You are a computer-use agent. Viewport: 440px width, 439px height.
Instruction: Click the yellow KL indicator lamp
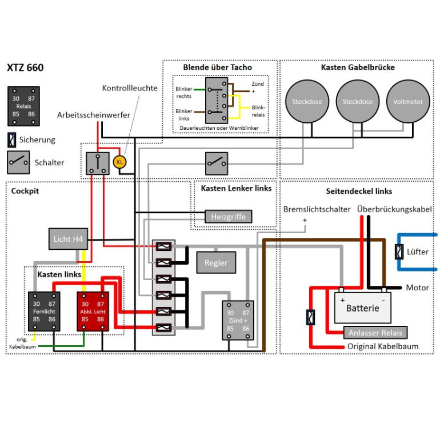119,162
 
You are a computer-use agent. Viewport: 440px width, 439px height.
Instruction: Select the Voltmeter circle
408,101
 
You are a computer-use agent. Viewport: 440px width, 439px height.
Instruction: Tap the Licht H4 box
68,239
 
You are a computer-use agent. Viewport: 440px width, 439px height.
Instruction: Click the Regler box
216,262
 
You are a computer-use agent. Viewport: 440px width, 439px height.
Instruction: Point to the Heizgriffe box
229,217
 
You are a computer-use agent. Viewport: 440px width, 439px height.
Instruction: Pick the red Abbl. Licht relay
93,312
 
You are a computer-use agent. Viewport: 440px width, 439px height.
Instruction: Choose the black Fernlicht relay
44,312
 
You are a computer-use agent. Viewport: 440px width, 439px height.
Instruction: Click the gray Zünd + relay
238,320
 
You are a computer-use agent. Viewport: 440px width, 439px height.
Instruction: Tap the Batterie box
362,308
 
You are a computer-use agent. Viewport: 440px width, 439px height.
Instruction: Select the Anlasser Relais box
375,333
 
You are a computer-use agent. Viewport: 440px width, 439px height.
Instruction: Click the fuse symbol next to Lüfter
399,252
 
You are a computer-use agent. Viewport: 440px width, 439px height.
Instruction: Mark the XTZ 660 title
25,67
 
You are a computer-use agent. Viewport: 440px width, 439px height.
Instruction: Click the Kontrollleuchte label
130,88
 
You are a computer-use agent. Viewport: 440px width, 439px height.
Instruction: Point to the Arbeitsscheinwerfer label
94,115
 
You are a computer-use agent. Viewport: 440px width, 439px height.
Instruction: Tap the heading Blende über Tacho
218,67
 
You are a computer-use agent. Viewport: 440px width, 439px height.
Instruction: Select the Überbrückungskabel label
394,209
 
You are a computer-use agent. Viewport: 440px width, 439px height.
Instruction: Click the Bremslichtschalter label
317,209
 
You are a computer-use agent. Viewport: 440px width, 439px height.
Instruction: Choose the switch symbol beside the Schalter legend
18,162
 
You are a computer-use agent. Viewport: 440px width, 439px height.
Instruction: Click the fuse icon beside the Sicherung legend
12,140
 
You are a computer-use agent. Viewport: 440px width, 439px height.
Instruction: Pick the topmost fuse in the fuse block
163,246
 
